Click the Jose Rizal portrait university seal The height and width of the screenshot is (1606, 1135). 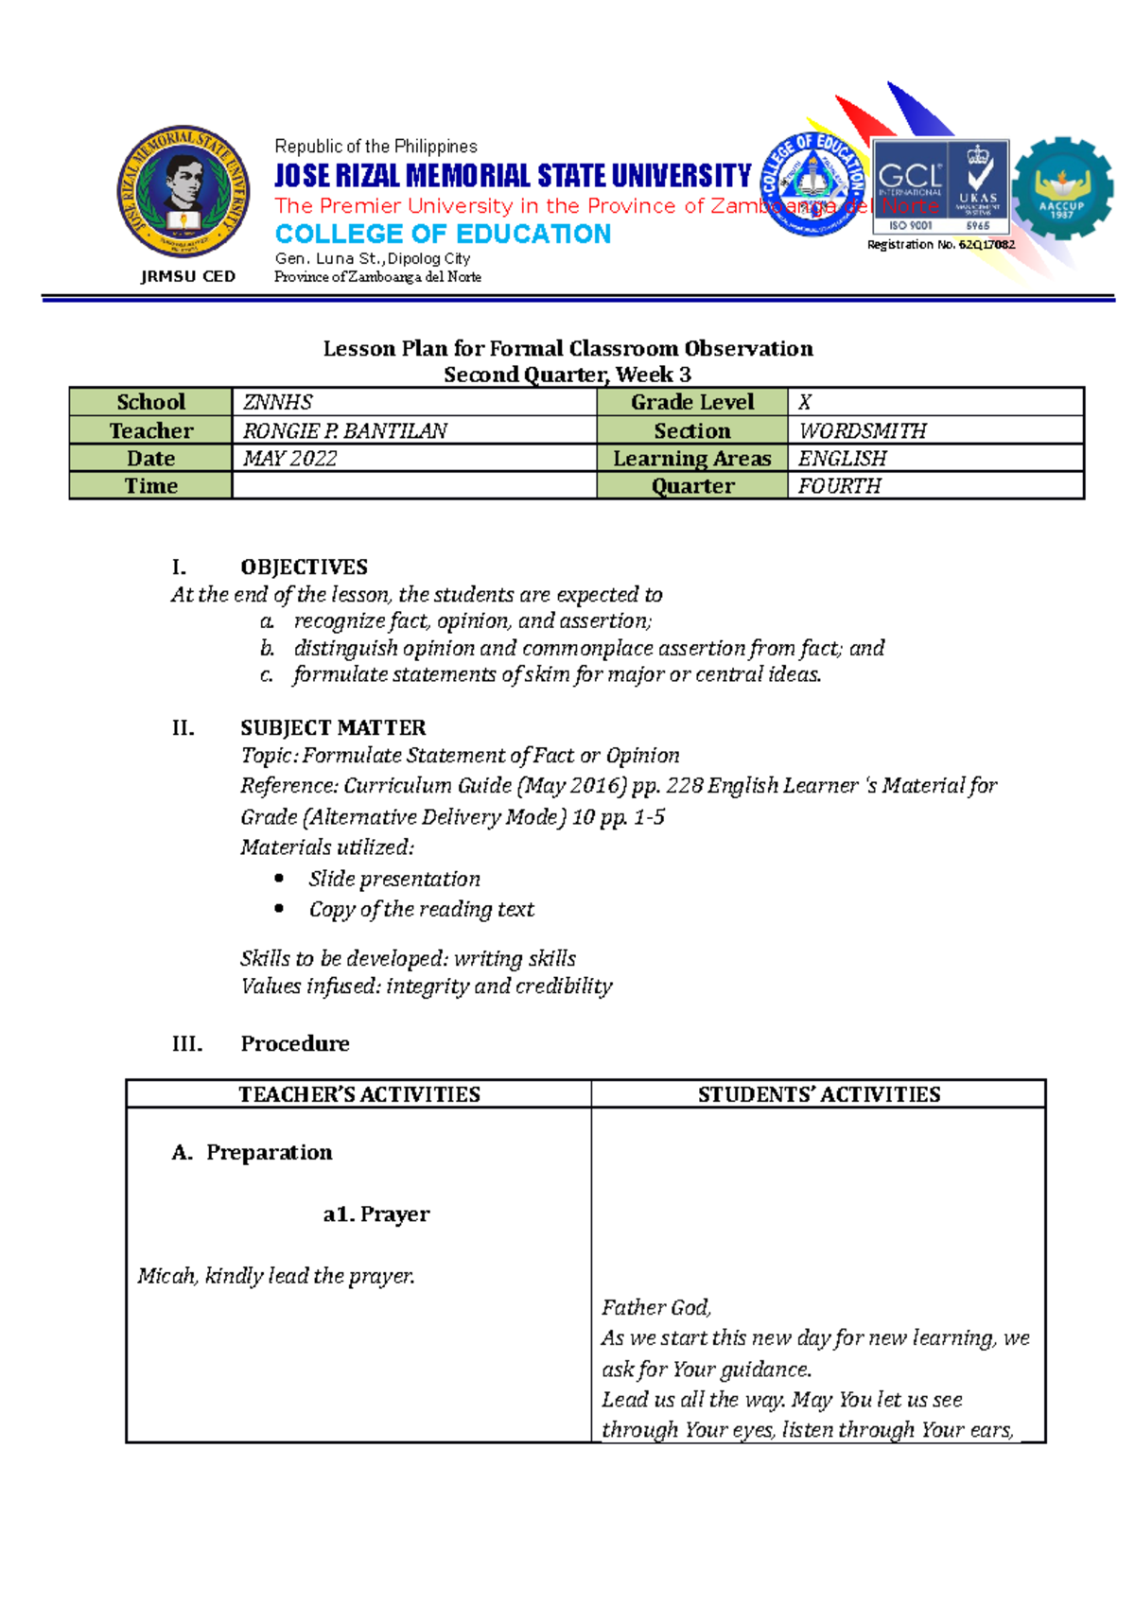183,192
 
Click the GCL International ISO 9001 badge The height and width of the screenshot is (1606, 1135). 940,186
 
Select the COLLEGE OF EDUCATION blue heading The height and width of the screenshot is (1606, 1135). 443,234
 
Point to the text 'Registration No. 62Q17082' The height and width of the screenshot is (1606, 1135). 940,245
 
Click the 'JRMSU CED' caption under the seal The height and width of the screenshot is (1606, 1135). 187,276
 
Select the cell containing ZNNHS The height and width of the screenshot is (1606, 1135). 413,402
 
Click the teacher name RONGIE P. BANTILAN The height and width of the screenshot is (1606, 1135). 345,431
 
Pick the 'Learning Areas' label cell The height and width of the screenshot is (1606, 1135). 691,459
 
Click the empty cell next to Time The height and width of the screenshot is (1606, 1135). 413,486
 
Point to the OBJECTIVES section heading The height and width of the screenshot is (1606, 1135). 304,567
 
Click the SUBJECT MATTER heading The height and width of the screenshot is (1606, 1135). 333,728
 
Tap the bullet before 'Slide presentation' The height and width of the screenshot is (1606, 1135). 279,878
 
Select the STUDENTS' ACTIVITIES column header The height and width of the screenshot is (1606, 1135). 818,1094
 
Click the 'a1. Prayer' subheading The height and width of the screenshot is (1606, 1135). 375,1214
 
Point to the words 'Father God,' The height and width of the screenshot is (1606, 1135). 656,1308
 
